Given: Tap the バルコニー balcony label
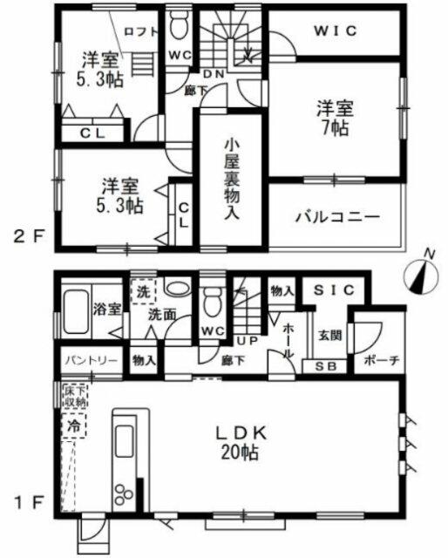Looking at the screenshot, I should coord(336,216).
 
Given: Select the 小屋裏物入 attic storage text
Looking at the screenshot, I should coord(230,178).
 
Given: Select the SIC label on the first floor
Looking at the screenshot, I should coord(333,290).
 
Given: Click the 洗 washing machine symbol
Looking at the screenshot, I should coord(141,290).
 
